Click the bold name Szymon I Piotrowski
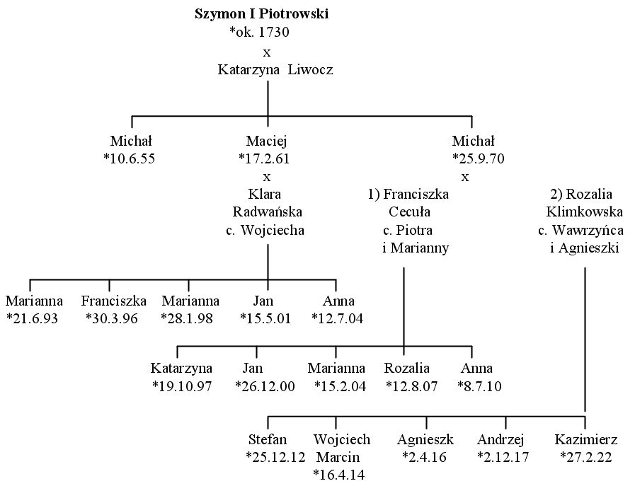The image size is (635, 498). click(262, 13)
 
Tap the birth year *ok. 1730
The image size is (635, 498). click(260, 32)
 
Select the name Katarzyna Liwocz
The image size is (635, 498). click(275, 69)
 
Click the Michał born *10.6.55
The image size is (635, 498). click(131, 141)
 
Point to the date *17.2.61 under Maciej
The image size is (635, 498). click(265, 158)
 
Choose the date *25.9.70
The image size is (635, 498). click(479, 158)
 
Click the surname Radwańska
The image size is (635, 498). click(268, 212)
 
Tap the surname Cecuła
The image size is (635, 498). click(409, 212)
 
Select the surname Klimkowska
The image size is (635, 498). click(584, 212)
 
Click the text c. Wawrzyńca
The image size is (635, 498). click(580, 230)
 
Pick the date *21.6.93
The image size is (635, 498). click(33, 319)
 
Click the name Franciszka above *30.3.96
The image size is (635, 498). click(114, 301)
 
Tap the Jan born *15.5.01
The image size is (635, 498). click(263, 301)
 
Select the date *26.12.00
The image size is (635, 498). click(265, 386)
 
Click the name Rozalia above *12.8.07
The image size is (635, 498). click(407, 368)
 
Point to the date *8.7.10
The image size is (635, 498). click(479, 386)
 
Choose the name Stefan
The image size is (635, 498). click(268, 439)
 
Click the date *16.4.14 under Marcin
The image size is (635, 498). click(339, 475)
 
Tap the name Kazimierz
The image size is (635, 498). click(586, 439)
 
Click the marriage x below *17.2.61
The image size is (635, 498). click(266, 177)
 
